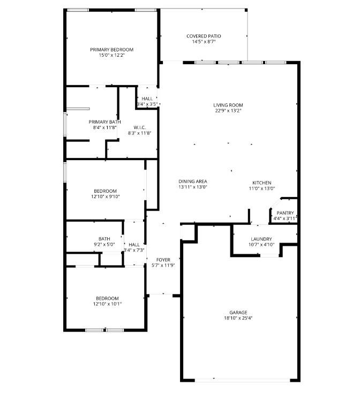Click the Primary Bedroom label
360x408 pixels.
click(111, 49)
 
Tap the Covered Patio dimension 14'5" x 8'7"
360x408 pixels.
click(204, 42)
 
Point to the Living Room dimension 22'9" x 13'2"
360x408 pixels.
click(228, 111)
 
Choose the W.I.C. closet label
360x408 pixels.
click(140, 127)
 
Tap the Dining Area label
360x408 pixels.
click(193, 182)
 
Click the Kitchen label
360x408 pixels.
click(262, 183)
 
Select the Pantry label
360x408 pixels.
click(285, 213)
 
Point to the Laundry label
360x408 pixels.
click(261, 239)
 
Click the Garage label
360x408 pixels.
click(238, 312)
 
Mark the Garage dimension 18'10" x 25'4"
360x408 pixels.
click(238, 318)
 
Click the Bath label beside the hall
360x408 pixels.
click(104, 239)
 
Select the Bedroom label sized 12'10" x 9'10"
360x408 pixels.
click(105, 191)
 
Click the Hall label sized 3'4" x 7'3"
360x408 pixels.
click(134, 244)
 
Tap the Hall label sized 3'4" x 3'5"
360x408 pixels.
click(147, 99)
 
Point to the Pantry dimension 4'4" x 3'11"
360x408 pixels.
click(285, 218)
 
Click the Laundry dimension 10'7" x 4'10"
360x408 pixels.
click(261, 245)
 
